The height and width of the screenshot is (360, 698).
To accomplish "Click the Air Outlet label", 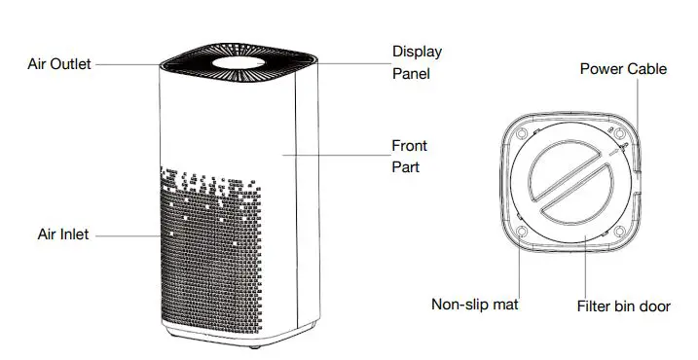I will (57, 64).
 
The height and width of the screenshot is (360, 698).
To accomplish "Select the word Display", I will (418, 51).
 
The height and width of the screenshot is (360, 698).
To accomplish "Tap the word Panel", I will (412, 73).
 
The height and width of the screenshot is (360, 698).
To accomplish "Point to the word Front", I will (409, 146).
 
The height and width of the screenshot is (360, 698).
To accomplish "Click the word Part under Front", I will (405, 167).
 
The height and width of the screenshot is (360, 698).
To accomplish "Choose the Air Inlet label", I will (63, 234).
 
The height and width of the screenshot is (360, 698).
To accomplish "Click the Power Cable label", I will (624, 69).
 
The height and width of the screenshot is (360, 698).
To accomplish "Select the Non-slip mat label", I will (474, 305).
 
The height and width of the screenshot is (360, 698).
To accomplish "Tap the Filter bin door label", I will (623, 306).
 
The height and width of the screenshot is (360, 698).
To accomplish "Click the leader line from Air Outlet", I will (127, 64).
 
